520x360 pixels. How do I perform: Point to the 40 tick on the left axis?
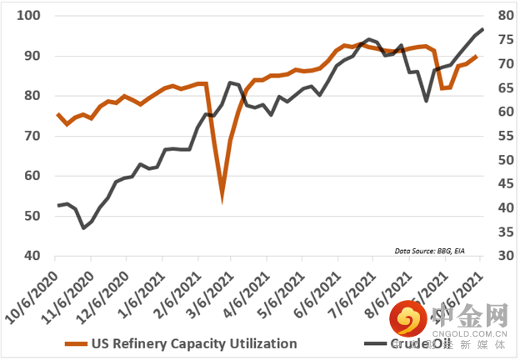pyautogui.click(x=32, y=256)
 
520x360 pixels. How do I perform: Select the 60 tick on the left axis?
pyautogui.click(x=32, y=176)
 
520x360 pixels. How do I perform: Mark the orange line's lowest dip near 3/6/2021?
pyautogui.click(x=222, y=198)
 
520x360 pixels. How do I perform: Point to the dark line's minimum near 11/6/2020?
pyautogui.click(x=83, y=227)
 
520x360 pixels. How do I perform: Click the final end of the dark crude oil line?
pyautogui.click(x=482, y=30)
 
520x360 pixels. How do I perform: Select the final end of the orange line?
pyautogui.click(x=476, y=57)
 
